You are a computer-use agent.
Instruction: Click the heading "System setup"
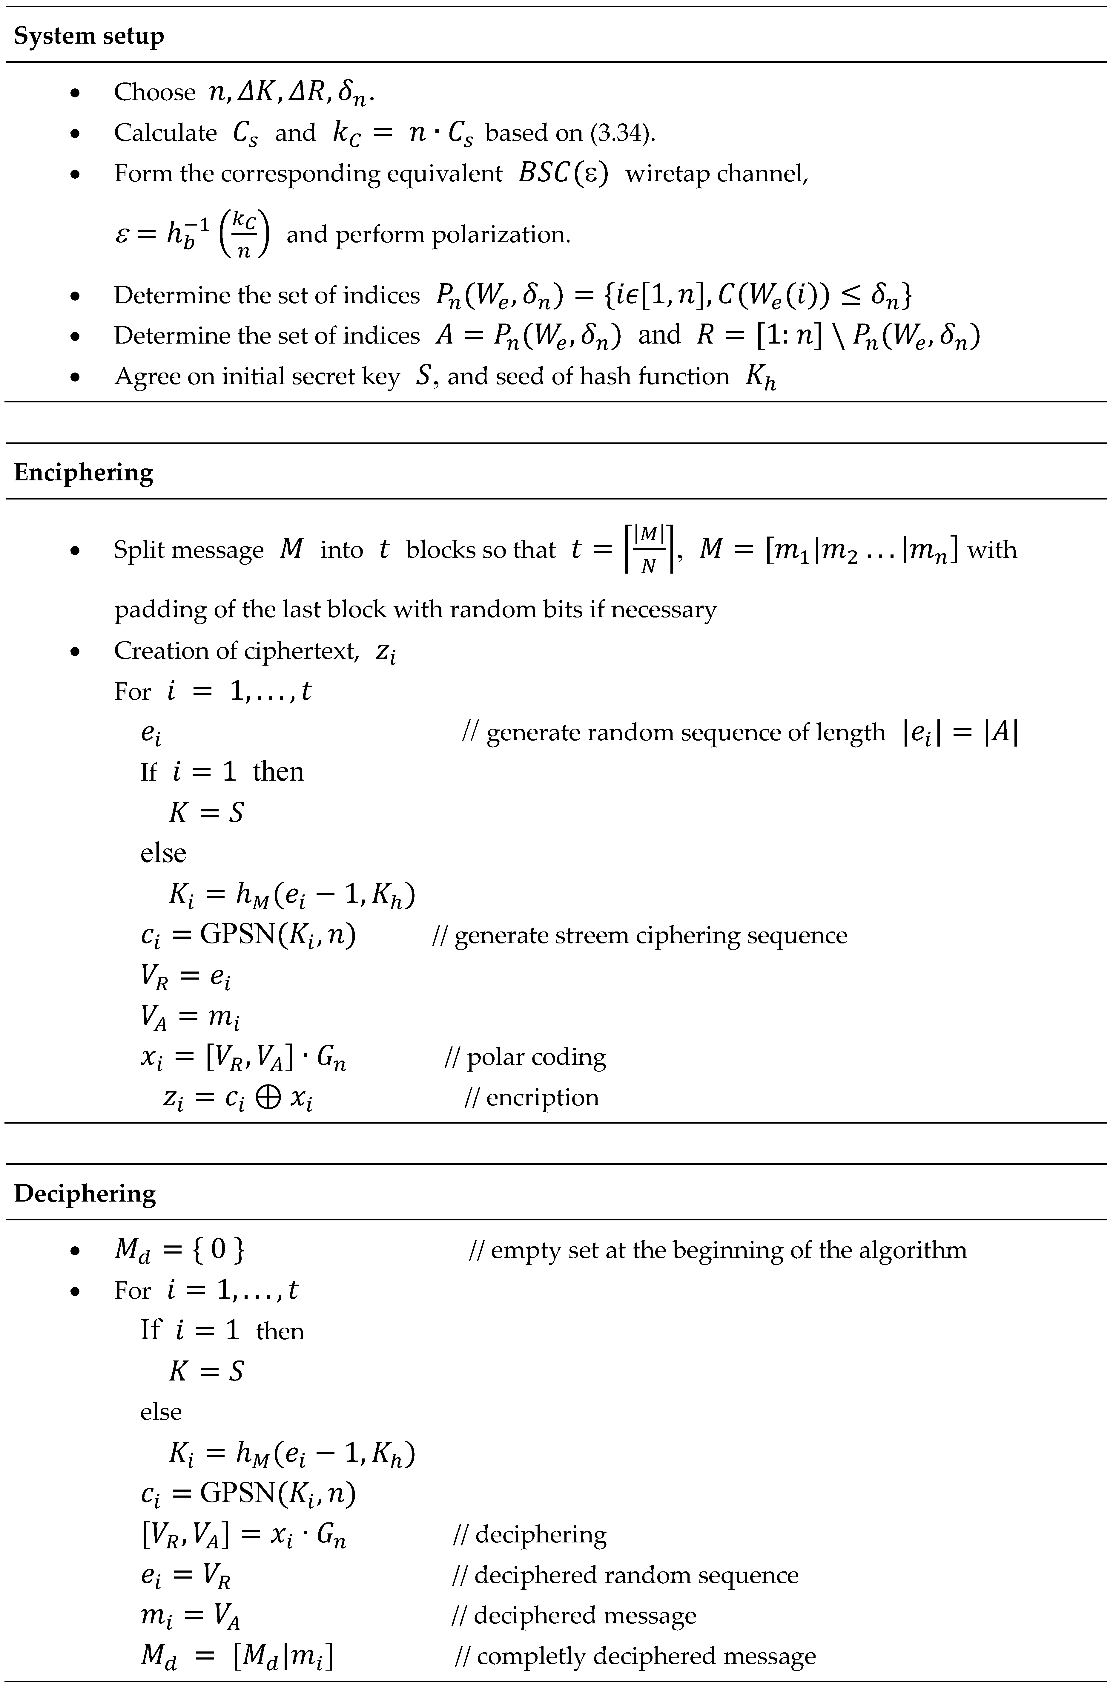[89, 36]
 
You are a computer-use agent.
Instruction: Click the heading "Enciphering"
[83, 473]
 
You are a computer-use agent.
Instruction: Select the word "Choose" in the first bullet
[154, 93]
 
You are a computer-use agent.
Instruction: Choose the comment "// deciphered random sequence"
[625, 1575]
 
